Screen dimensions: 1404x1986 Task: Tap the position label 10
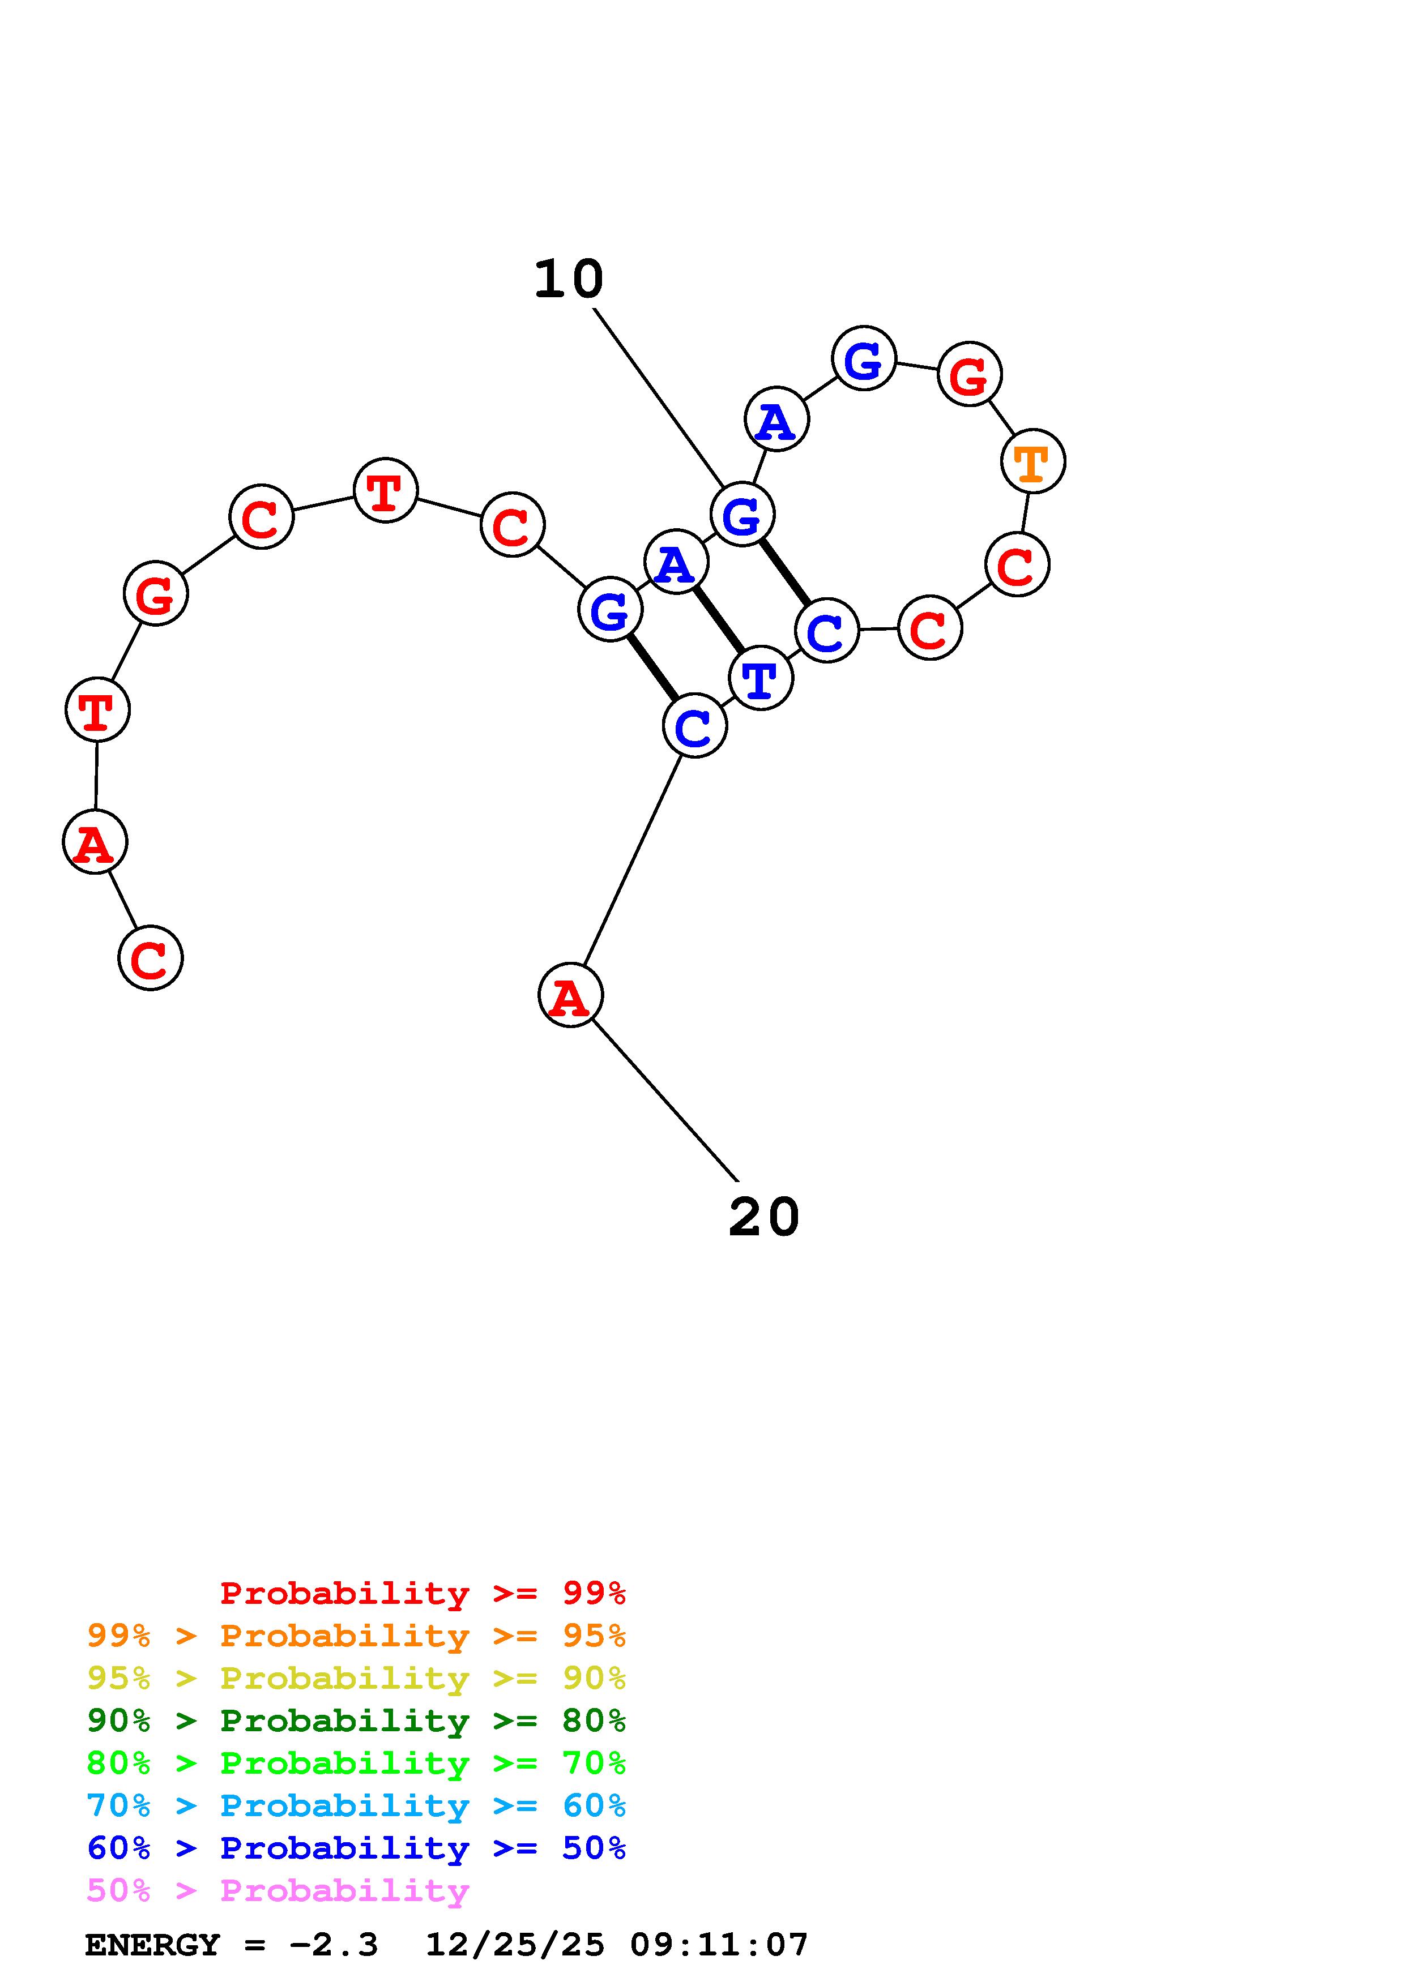coord(569,280)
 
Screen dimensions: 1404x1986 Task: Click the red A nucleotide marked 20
coord(570,996)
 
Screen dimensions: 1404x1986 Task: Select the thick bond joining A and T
coord(718,620)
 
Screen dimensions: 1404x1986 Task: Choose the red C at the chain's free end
coord(151,957)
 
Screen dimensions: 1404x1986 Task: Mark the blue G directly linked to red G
coord(863,358)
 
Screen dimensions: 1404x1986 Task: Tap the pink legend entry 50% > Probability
coord(278,1890)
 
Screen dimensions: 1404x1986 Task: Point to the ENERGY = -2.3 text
coord(231,1945)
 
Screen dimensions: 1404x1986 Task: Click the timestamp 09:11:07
coord(718,1945)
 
